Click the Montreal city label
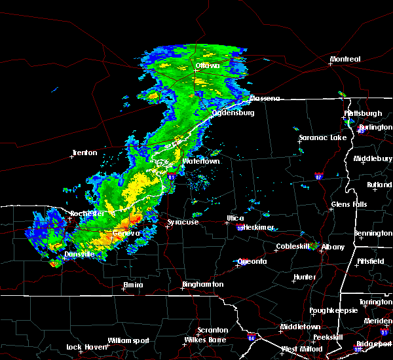tap(345, 60)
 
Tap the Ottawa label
tap(208, 66)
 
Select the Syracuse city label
tap(183, 223)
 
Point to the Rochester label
tap(87, 213)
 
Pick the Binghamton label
tap(202, 285)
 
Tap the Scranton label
tap(213, 330)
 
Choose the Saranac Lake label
tap(322, 138)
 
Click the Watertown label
tap(201, 161)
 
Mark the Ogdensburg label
tap(233, 113)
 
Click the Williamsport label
tap(128, 340)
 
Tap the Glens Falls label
tap(350, 205)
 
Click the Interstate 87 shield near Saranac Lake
tap(318, 176)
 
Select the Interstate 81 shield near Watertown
tap(171, 177)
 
